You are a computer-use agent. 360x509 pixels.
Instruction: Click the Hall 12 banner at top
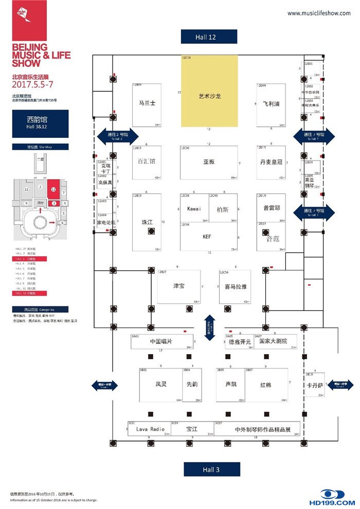pos(208,37)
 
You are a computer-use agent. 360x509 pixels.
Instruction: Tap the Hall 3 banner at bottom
pos(211,469)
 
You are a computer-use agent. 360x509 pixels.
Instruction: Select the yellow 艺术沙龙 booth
pos(209,96)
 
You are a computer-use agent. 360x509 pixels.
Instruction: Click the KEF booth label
pos(207,237)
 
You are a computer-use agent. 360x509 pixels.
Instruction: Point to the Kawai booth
pos(194,208)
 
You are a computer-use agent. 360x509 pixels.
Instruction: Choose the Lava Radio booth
pos(150,429)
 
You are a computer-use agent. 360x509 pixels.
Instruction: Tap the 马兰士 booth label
pos(147,103)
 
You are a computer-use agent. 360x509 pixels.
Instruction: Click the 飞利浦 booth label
pos(271,103)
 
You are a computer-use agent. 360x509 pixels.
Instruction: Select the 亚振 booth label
pos(208,162)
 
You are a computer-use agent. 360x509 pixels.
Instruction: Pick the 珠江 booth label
pos(147,222)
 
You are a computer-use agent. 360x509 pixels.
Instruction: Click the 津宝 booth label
pos(179,286)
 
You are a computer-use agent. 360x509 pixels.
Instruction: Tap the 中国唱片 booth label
pos(161,341)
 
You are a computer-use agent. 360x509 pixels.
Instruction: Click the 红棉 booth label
pos(265,385)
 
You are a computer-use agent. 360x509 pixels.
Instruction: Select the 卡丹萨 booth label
pos(315,385)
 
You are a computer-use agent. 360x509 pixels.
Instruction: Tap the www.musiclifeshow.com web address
pos(319,13)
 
